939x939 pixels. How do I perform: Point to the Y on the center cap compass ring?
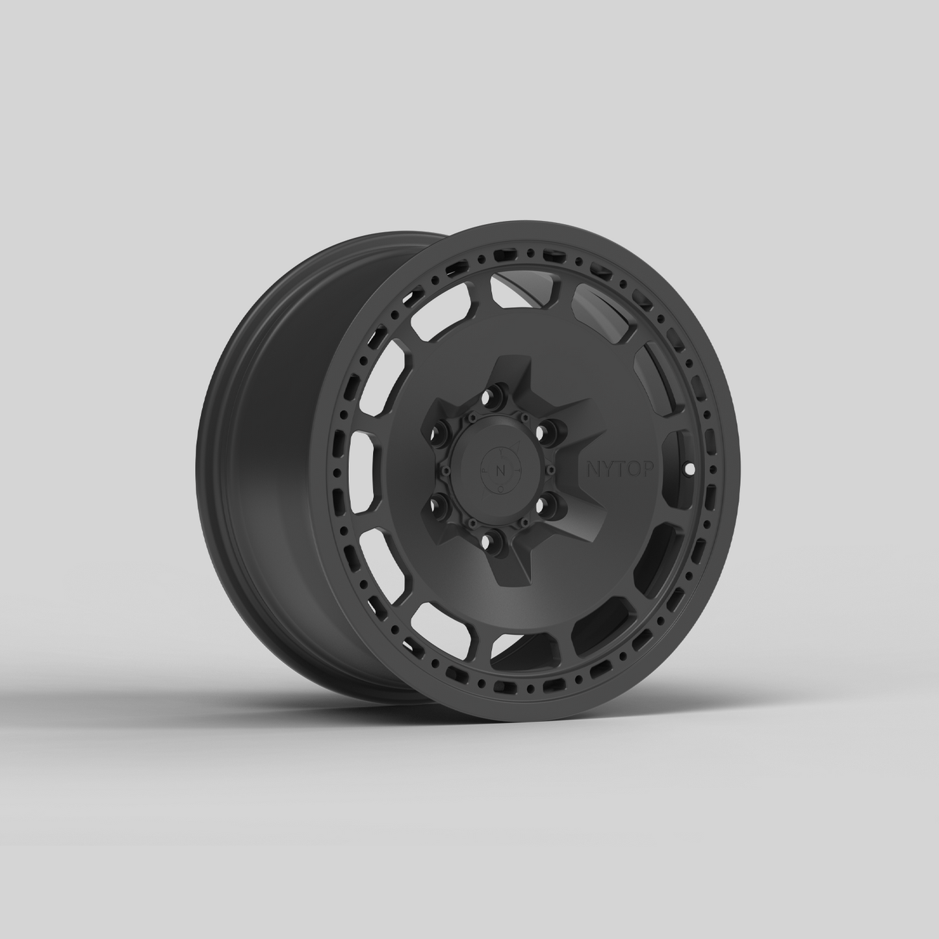pos(501,451)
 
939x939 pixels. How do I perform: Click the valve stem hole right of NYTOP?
pos(689,468)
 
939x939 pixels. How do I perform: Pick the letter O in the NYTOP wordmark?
pos(621,469)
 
